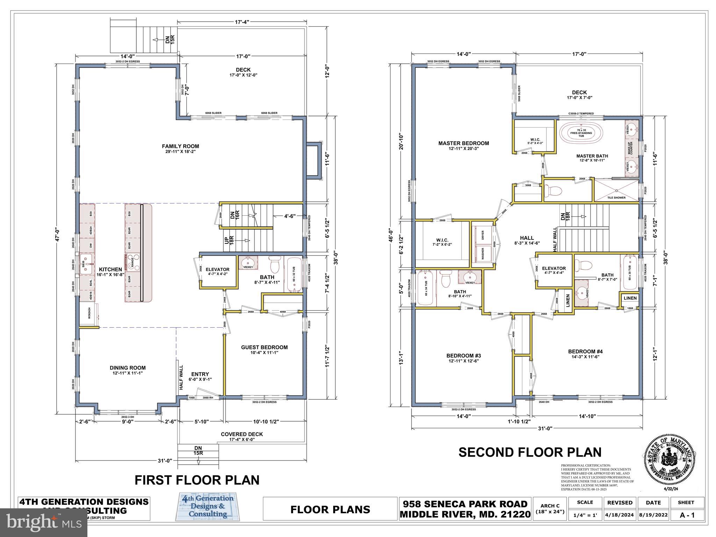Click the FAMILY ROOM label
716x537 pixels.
(180, 146)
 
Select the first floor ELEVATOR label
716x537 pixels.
(217, 270)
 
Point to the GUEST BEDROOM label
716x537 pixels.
(264, 347)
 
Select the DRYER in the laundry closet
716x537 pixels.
(482, 235)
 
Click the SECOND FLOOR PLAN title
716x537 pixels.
(530, 452)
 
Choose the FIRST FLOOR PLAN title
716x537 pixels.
(197, 480)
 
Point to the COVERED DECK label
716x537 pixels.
(242, 434)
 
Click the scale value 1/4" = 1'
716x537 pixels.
(585, 515)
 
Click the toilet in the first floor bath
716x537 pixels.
(275, 265)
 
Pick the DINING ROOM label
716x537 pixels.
(128, 368)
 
